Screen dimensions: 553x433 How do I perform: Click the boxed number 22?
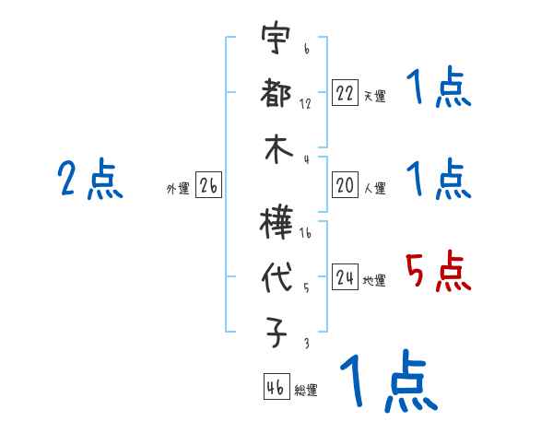point(345,93)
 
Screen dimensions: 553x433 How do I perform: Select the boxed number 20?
point(345,185)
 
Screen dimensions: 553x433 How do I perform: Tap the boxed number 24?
point(345,277)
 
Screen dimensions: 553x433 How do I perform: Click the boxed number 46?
point(275,387)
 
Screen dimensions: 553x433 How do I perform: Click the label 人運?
point(374,189)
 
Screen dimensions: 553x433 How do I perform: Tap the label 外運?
point(178,189)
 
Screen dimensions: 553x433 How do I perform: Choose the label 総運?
point(306,391)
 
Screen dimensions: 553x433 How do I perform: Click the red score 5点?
point(437,273)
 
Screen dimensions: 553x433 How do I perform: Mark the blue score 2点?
point(90,181)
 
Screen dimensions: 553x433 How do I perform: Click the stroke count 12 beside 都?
point(305,103)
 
